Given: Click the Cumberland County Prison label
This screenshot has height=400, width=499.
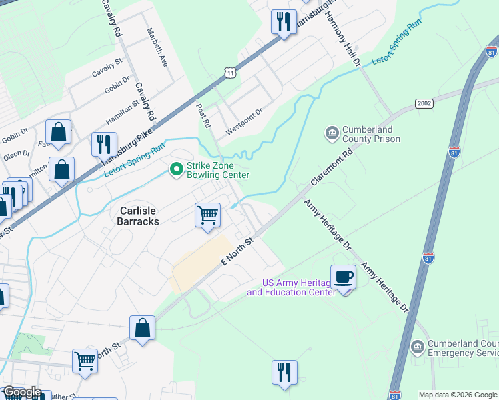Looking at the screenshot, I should pos(371,134).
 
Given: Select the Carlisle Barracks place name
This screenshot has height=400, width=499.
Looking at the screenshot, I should pos(139,215).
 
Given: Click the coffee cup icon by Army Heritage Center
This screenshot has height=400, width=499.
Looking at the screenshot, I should pos(344,277).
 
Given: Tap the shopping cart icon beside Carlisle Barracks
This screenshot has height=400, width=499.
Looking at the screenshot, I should pos(208,215).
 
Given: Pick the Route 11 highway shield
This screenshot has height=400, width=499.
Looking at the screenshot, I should pos(230,72).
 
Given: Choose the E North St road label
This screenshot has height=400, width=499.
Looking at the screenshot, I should pos(238,249).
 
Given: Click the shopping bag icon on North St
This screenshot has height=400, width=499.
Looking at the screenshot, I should pos(142,328).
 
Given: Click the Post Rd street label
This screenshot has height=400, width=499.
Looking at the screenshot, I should pos(203,114).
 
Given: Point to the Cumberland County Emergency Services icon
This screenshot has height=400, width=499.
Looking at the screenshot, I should pos(417,347).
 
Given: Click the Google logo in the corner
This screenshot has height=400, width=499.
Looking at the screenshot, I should pos(21,393).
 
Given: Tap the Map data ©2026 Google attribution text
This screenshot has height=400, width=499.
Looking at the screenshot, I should pos(458,395).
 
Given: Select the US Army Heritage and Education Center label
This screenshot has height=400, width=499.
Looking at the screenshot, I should pos(290,287).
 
